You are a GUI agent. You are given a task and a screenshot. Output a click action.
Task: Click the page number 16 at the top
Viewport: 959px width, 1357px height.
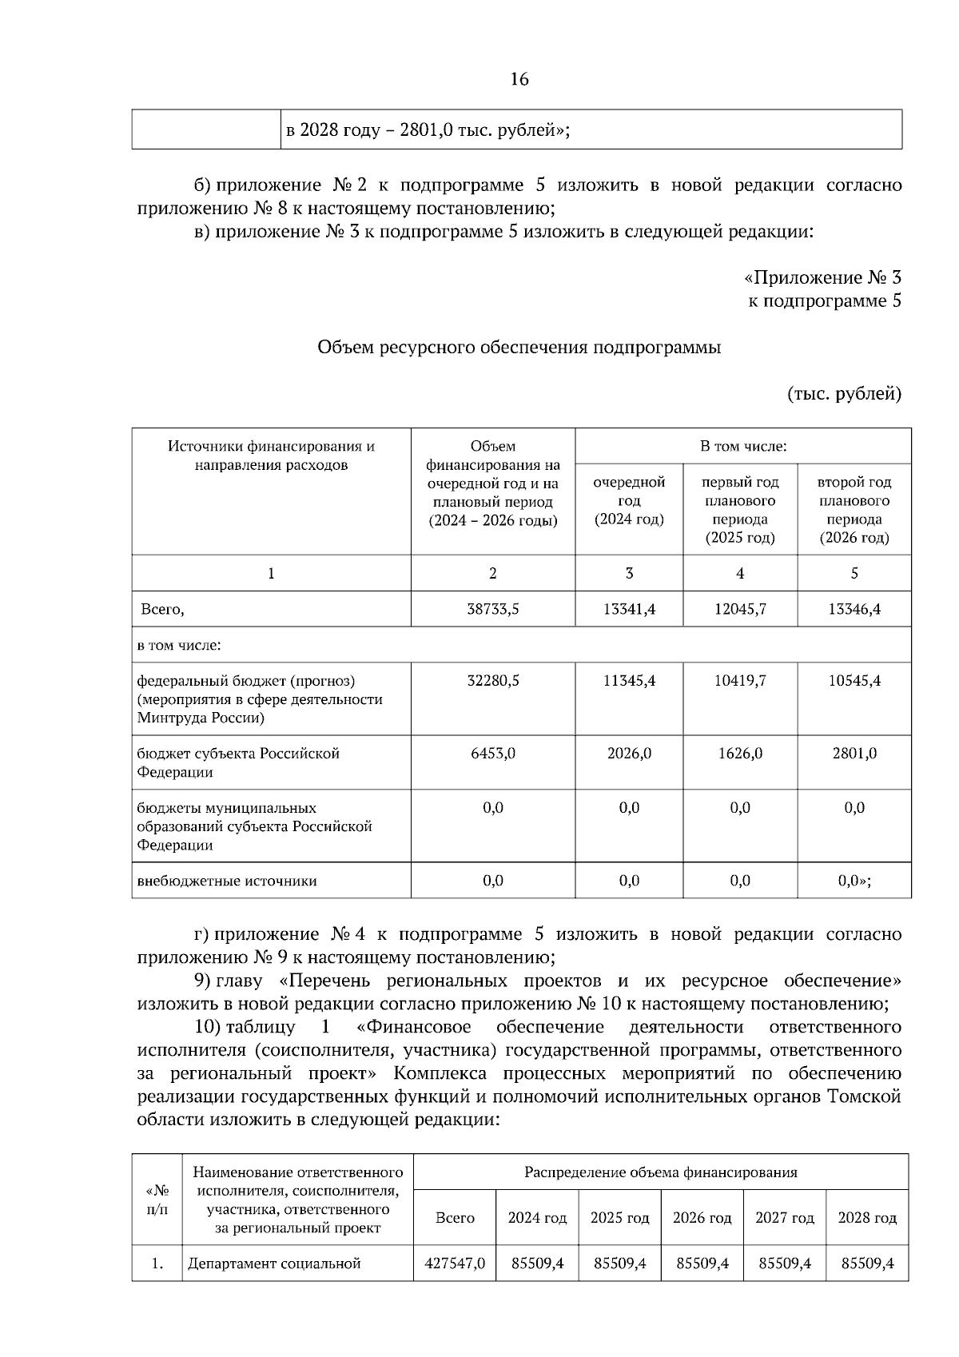tap(519, 79)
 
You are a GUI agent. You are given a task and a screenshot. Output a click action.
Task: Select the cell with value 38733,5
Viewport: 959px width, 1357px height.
tap(492, 609)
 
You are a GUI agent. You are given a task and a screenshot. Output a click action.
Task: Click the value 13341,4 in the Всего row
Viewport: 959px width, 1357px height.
tap(629, 609)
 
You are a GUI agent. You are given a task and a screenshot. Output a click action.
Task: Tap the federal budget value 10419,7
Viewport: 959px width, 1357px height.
tap(739, 681)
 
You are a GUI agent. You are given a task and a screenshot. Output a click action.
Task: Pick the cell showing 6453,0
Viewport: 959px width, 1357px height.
tap(492, 753)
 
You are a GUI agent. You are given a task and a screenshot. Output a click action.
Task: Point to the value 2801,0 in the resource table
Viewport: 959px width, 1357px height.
tap(854, 753)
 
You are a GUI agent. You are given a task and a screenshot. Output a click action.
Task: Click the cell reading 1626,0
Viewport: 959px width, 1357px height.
tap(739, 753)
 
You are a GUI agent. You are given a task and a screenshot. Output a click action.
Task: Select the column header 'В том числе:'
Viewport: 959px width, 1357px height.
tap(742, 446)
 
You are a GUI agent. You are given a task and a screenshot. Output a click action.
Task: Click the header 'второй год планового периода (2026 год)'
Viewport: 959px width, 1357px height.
tap(854, 509)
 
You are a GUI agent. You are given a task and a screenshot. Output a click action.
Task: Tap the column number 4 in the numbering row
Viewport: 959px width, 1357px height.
tap(739, 573)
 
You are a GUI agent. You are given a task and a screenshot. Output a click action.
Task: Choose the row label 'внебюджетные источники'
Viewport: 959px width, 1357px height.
tap(227, 881)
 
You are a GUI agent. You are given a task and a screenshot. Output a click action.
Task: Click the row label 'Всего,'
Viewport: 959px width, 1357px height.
tap(162, 609)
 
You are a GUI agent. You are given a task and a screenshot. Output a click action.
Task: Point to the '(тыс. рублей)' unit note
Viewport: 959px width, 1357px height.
tap(844, 393)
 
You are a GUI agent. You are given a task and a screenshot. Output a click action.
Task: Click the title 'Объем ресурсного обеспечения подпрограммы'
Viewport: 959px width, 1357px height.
tap(519, 348)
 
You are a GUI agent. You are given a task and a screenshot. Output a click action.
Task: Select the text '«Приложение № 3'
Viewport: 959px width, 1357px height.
tap(822, 277)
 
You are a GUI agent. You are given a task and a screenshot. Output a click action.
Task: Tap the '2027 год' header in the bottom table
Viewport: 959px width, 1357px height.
tap(784, 1218)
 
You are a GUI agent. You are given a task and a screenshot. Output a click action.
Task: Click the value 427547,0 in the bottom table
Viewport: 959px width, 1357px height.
tap(454, 1263)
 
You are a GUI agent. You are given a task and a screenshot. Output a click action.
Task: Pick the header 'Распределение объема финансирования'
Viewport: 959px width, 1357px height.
tap(660, 1172)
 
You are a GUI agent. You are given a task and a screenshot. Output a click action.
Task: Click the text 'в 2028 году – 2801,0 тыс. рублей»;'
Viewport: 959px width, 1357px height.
tap(428, 130)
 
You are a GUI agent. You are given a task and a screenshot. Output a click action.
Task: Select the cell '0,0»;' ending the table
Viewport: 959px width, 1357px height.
tap(854, 881)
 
